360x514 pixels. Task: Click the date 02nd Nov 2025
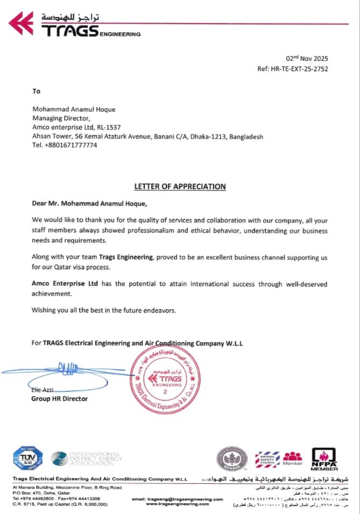point(306,59)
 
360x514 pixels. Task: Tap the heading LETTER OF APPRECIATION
point(180,187)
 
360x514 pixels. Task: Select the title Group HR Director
point(59,399)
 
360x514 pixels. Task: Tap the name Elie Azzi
point(43,390)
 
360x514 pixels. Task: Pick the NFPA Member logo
point(324,459)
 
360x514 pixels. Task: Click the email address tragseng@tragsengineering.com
point(177,499)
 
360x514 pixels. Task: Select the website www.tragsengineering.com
point(177,504)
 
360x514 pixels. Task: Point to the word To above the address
point(36,91)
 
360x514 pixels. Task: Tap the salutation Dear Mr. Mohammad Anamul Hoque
point(89,204)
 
